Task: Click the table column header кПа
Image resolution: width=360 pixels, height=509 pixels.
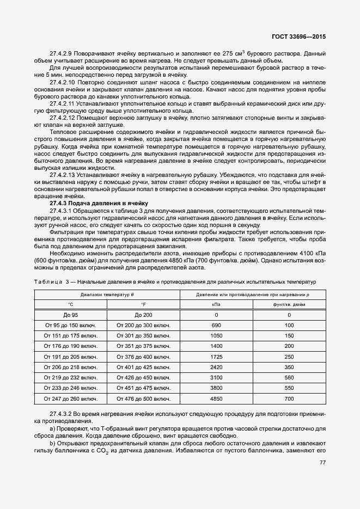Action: coord(217,304)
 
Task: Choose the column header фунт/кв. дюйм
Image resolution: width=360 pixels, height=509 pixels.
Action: coord(289,304)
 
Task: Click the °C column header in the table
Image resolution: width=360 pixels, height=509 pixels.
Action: coord(70,304)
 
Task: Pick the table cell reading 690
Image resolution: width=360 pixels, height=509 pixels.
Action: coord(217,326)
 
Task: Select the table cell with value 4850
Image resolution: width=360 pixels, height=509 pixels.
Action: coord(217,399)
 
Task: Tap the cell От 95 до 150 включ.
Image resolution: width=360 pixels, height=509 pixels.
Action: coord(71,326)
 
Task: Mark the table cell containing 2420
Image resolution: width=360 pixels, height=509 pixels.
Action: coord(217,367)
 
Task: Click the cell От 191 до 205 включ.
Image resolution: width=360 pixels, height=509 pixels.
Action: coord(71,357)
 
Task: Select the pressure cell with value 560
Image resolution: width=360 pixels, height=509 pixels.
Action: coord(289,378)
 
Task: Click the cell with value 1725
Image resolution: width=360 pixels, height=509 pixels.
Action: coord(217,357)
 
